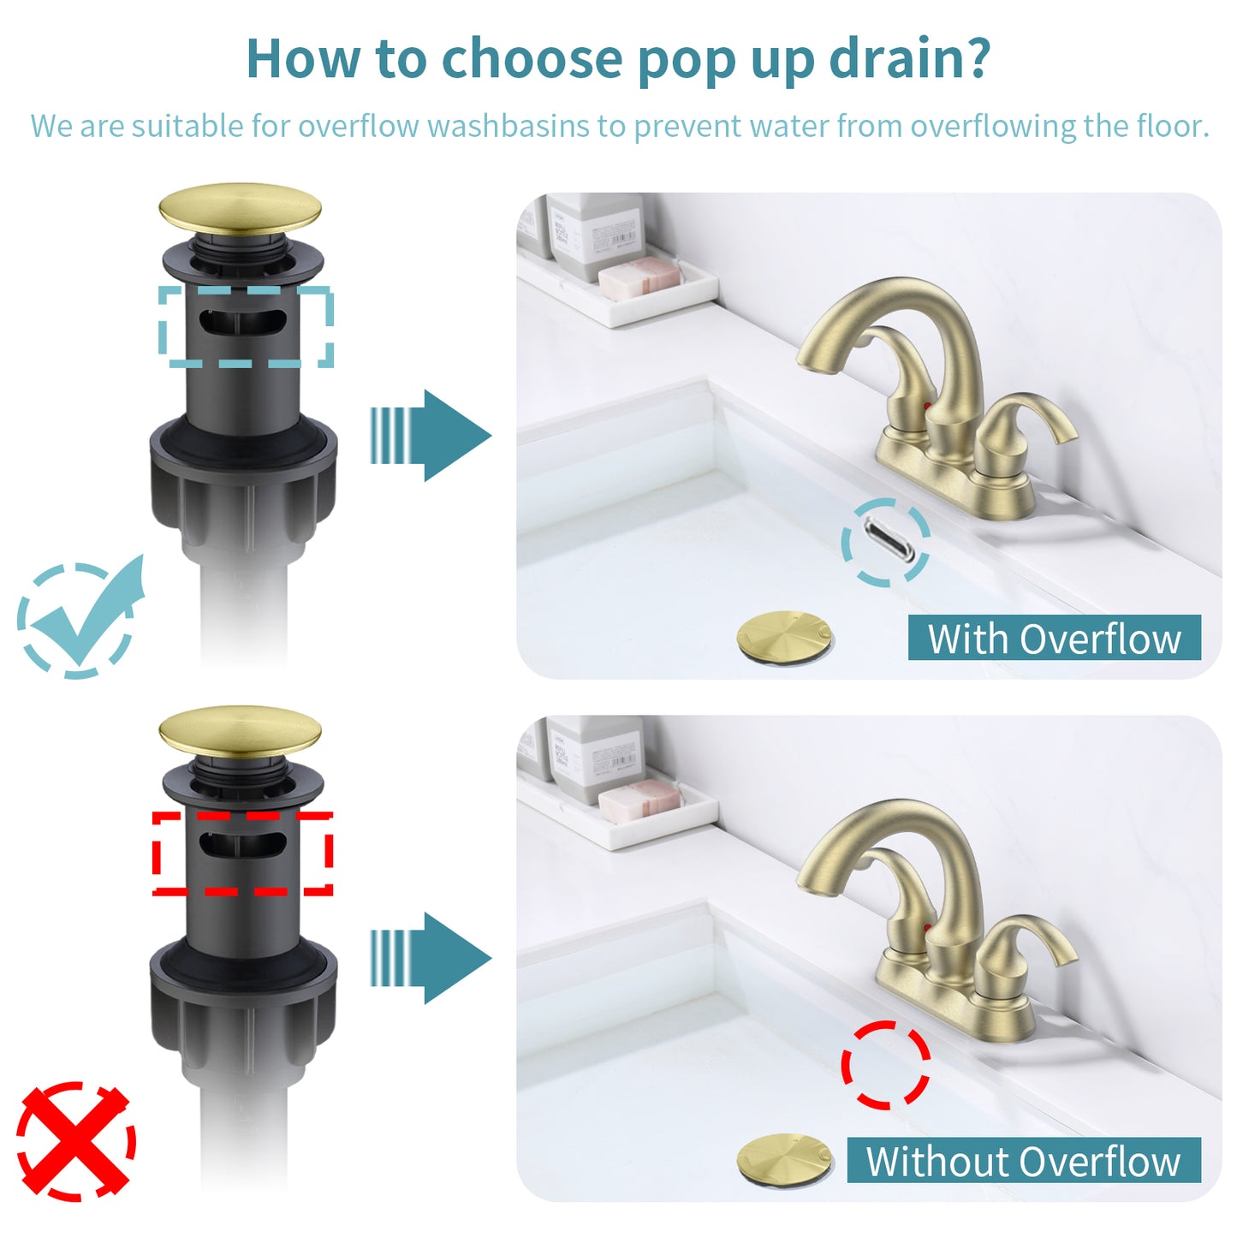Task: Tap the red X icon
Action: point(76,1141)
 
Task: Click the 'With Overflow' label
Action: point(1054,639)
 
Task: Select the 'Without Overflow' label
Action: point(1023,1161)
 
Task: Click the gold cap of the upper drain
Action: point(240,208)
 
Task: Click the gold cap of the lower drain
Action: point(240,731)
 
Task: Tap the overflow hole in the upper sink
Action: point(886,541)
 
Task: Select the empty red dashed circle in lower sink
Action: point(886,1065)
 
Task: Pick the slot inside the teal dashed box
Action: point(242,324)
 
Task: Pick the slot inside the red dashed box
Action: point(242,845)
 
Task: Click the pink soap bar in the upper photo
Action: point(639,277)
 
